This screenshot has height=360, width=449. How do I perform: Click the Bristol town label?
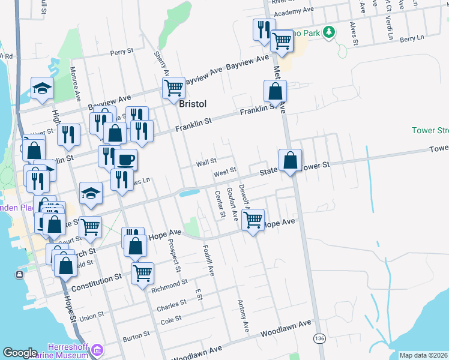tap(193, 104)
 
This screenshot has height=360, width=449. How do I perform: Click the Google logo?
tap(20, 353)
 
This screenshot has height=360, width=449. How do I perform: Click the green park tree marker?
tap(328, 32)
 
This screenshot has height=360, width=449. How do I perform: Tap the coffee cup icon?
tap(125, 160)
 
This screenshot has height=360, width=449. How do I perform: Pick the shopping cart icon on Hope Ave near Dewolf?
tap(253, 219)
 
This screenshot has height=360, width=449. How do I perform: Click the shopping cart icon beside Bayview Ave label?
tap(173, 88)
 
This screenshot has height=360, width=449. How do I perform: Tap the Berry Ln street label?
tap(411, 38)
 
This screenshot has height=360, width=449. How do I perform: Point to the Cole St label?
tap(171, 320)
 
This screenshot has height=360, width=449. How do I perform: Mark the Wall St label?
tap(206, 162)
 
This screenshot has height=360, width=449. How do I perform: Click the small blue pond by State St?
tap(189, 193)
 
